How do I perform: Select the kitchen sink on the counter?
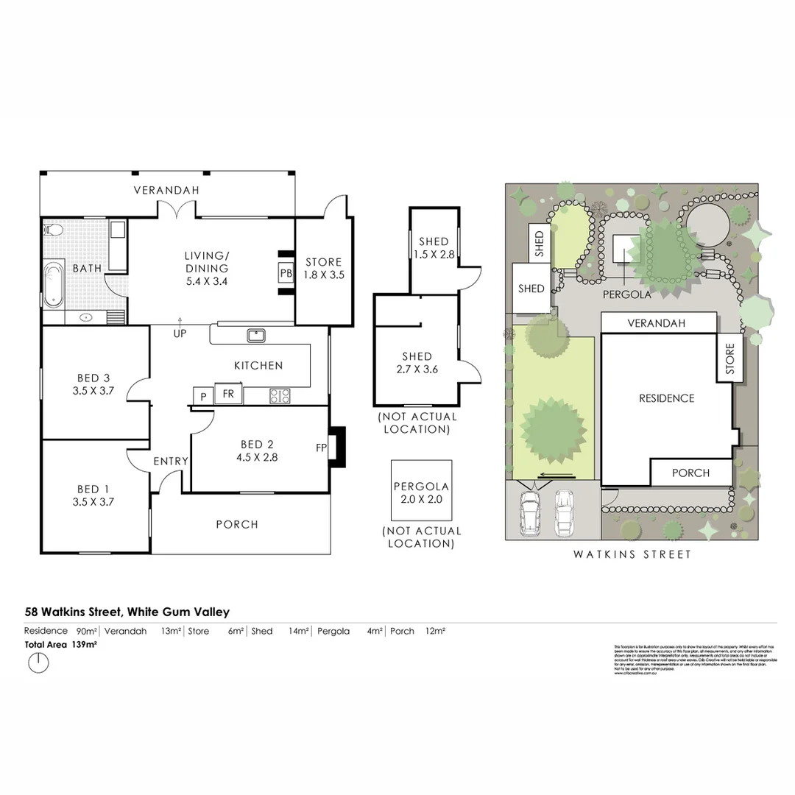coord(256,336)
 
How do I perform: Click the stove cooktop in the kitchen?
coord(280,395)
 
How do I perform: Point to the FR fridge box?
coord(228,394)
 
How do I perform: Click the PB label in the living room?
coord(286,272)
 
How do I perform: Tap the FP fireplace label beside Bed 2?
coord(322,447)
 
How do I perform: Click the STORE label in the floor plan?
coord(324,262)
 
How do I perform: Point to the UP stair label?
coord(180,333)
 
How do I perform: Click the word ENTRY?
coord(171,461)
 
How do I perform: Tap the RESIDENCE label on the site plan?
coord(666,398)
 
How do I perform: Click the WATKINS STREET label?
coord(632,554)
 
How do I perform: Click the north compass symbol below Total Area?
coord(38,663)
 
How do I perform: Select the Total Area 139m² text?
coord(61,644)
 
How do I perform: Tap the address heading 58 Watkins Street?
coord(127,612)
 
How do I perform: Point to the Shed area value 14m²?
coord(297,631)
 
